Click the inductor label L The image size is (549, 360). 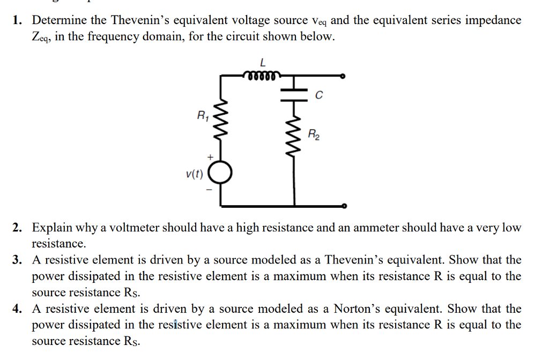coord(261,63)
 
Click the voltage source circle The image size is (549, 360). coord(220,172)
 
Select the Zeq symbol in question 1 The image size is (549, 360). coord(40,38)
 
